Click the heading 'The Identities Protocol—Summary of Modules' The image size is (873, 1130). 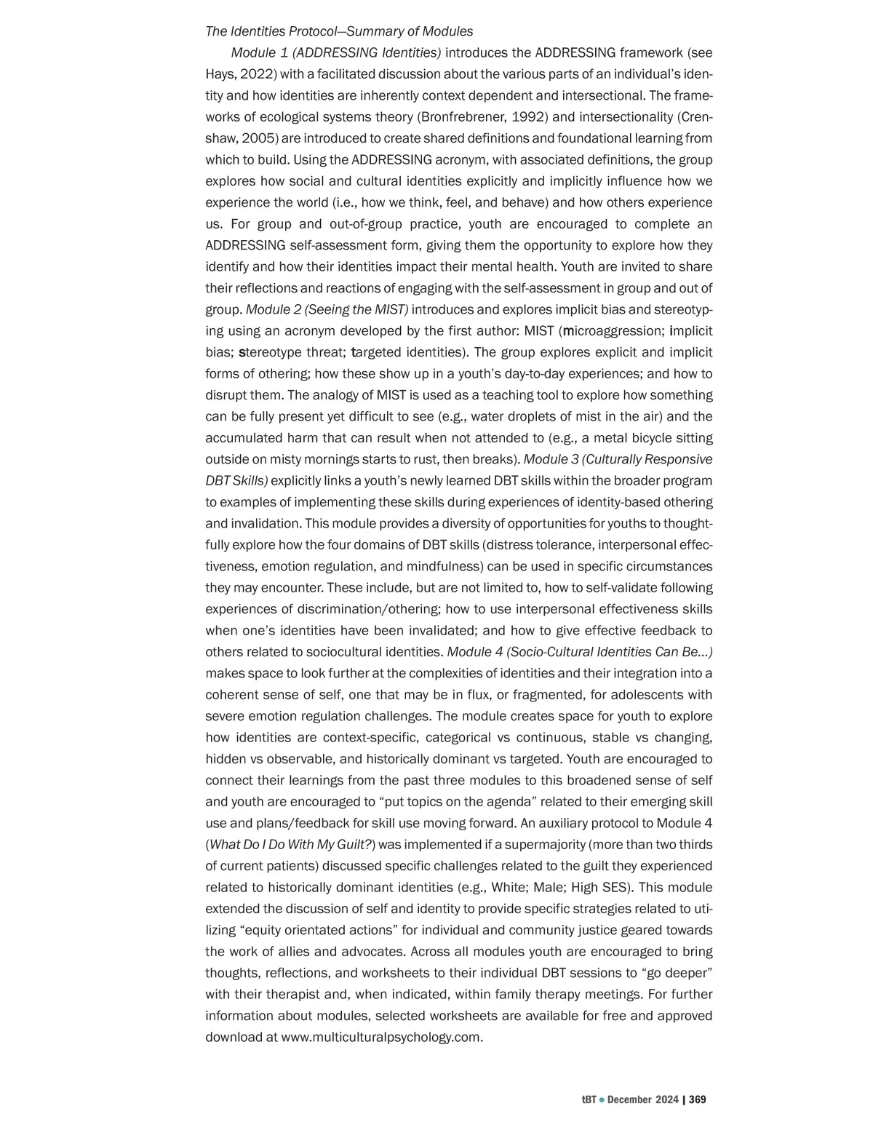(339, 31)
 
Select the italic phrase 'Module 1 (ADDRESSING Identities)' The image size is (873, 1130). (335, 52)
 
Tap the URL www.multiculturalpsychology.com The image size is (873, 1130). (380, 1037)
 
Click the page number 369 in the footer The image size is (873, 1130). (697, 1099)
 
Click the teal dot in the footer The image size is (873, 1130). (602, 1099)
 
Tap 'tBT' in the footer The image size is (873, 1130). (589, 1099)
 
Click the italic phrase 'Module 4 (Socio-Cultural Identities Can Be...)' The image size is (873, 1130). (580, 652)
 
